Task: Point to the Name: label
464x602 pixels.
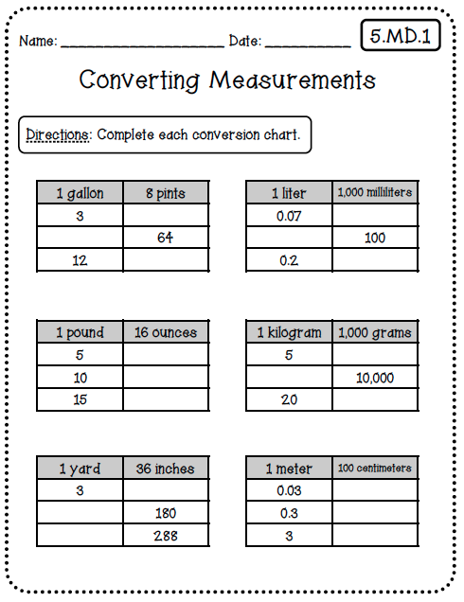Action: click(38, 42)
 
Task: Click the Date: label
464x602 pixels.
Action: click(244, 42)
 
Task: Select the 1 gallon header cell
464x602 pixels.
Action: click(80, 193)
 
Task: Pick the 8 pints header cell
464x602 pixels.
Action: click(165, 193)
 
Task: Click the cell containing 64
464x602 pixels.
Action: click(165, 238)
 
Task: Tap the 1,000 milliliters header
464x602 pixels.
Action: click(375, 193)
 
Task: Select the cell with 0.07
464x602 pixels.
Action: click(288, 216)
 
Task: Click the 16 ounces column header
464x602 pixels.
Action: click(165, 332)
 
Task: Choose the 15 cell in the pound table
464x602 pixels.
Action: click(80, 399)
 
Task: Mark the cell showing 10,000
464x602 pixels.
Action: click(375, 377)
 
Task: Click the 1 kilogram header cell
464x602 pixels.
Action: click(289, 332)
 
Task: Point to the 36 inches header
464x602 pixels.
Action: click(165, 469)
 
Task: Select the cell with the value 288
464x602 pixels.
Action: click(165, 536)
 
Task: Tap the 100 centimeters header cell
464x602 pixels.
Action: click(375, 469)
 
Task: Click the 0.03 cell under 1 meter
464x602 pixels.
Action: click(288, 491)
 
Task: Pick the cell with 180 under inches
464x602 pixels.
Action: click(165, 514)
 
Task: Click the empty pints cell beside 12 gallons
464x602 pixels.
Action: click(165, 260)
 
